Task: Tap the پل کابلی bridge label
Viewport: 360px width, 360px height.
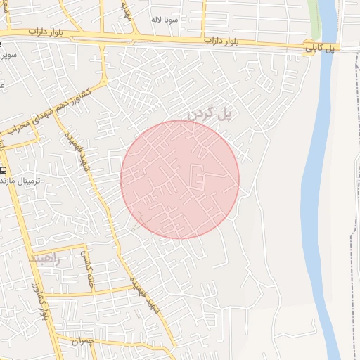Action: [x=321, y=49]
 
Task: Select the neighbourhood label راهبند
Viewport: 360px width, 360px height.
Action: [x=45, y=259]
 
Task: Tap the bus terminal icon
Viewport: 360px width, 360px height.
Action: [x=4, y=170]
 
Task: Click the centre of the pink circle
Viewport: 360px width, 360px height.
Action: [x=180, y=179]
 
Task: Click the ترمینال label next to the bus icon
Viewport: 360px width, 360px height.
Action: [x=28, y=181]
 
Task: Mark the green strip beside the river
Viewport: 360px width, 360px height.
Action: [x=316, y=21]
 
